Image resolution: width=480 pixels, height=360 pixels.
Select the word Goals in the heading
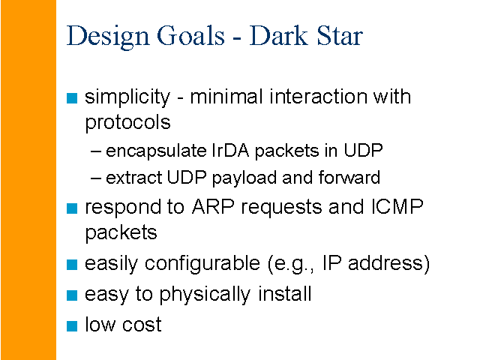tap(190, 35)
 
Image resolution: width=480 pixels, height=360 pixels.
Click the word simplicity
tap(127, 98)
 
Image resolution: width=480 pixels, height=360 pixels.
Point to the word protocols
tap(127, 123)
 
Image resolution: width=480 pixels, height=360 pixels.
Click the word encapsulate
tap(156, 151)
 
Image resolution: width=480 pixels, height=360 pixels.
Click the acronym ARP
tap(213, 207)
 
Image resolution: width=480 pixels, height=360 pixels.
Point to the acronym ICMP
tap(397, 207)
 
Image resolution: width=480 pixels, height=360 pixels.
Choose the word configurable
tap(202, 264)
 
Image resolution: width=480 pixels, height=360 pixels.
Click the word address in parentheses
tap(385, 263)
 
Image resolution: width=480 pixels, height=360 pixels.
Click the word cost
tap(142, 325)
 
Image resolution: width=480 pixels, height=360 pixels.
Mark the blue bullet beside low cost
tap(72, 326)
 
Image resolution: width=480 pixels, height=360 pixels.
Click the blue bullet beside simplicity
tap(72, 98)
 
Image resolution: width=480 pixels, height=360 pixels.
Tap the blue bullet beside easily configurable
tap(72, 265)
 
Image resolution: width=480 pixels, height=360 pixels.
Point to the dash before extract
tap(95, 178)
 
